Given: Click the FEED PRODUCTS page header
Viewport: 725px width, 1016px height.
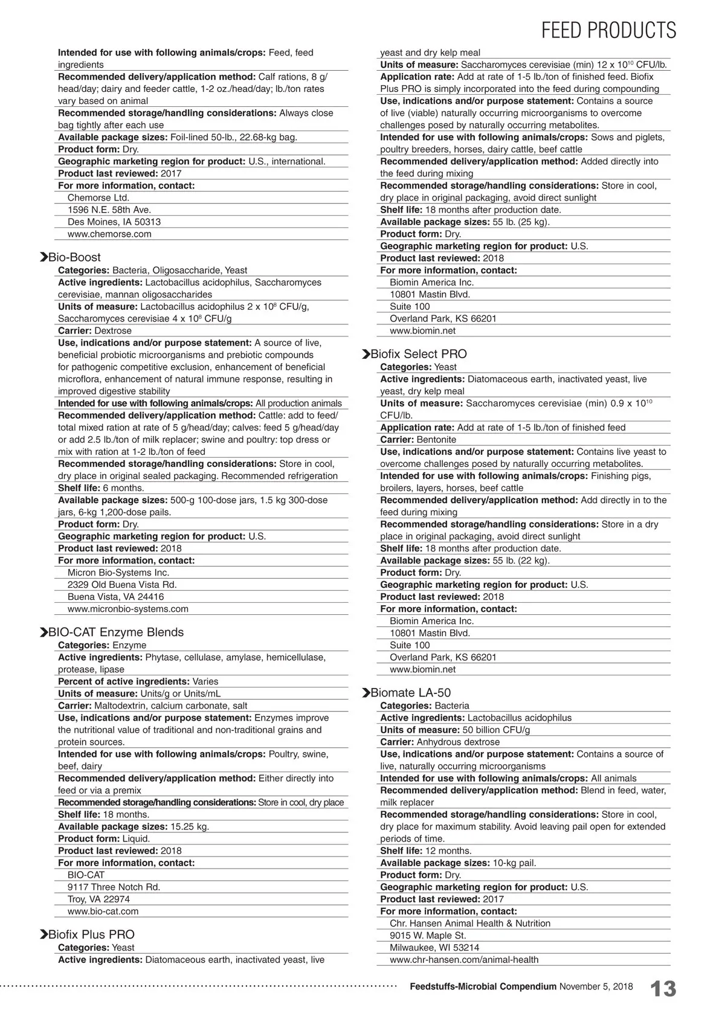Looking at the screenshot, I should coord(608,30).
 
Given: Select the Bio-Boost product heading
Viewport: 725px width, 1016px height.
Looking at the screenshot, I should coord(74,257).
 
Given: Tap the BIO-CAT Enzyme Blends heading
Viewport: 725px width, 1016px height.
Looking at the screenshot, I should coord(115,632).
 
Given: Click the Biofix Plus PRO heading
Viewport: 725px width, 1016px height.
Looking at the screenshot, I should coord(91,934).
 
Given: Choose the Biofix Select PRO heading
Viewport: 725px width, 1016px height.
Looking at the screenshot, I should coord(418,354).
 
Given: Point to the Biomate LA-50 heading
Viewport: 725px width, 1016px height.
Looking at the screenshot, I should coord(410,693).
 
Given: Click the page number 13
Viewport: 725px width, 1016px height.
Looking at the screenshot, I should coord(663,989).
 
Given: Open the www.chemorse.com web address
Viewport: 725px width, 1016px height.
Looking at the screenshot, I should coord(109,234).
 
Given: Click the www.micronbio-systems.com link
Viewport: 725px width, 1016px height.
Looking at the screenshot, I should coord(127,609).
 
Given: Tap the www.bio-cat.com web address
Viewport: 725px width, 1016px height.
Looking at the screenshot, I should coord(103,911).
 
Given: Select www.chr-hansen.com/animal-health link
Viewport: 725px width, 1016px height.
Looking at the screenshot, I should coord(463,959).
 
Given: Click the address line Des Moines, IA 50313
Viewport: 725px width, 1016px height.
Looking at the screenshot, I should coord(114,222).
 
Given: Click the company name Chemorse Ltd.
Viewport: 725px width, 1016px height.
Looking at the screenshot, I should coord(98,198).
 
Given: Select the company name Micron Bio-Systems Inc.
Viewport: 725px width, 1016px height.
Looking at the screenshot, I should coord(118,573).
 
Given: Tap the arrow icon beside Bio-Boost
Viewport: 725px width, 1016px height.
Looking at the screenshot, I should coord(43,257).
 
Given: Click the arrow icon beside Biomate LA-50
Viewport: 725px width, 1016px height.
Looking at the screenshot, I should coord(366,693).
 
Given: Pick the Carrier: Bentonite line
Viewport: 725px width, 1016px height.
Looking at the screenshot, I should coord(418,440).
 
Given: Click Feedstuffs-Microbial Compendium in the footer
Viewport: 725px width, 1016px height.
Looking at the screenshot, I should coord(483,986).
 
